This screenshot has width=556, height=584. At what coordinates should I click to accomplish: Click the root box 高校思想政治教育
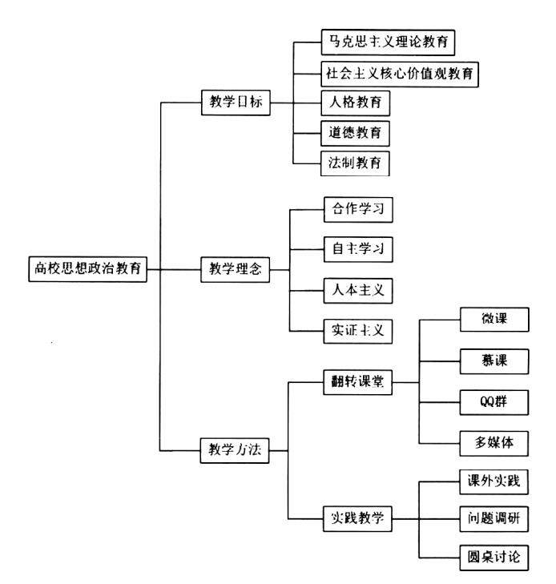point(88,268)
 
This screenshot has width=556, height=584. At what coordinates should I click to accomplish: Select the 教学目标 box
point(236,103)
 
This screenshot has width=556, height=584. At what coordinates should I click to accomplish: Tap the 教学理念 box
point(236,269)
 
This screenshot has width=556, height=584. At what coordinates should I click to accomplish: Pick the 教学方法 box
point(235,450)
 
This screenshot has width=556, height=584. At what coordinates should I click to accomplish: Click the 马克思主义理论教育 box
point(388,42)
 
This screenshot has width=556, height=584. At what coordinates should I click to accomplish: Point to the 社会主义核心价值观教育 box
point(400,75)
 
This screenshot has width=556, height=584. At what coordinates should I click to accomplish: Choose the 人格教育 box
point(356,103)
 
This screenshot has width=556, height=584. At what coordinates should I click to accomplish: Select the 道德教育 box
point(355,133)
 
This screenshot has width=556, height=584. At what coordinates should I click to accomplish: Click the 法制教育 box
point(355,163)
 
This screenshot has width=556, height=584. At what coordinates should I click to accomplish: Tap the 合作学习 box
point(358,210)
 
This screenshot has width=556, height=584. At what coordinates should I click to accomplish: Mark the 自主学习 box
point(358,249)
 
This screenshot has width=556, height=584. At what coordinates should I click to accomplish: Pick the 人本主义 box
point(358,291)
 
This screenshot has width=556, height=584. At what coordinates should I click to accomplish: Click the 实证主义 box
point(358,331)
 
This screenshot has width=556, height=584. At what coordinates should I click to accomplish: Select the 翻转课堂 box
point(357,382)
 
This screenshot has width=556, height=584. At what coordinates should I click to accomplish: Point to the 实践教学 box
point(357,518)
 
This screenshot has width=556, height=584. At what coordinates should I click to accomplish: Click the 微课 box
point(494,319)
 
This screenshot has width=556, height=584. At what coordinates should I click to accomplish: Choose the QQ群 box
point(494,402)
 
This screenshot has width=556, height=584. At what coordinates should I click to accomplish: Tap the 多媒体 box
point(494,443)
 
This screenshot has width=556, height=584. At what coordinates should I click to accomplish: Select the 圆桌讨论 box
point(494,558)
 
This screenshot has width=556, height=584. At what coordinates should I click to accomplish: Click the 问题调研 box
point(494,519)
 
